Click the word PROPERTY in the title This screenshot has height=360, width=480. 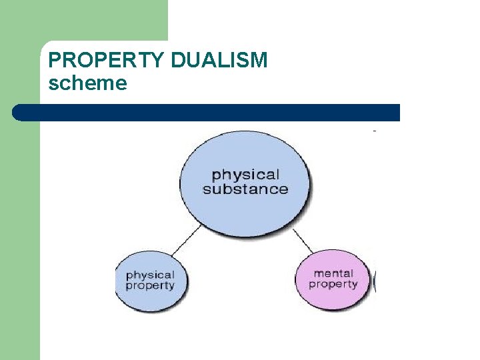tap(107, 61)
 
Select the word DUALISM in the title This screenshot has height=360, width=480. tap(219, 61)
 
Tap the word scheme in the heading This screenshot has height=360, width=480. tap(87, 83)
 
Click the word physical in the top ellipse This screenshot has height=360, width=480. tap(245, 175)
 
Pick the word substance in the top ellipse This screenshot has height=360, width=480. tap(245, 189)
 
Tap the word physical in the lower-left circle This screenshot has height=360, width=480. tap(150, 275)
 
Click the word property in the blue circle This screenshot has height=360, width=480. tap(150, 285)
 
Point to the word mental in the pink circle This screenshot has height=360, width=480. tap(333, 273)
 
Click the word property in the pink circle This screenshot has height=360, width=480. tap(333, 284)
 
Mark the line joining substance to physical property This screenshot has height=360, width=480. tap(187, 240)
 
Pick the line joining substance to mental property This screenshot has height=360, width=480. tap(303, 240)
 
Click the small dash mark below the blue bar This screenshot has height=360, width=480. tap(375, 131)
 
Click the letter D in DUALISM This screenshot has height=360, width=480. tap(177, 61)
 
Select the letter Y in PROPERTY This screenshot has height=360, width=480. tap(156, 61)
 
